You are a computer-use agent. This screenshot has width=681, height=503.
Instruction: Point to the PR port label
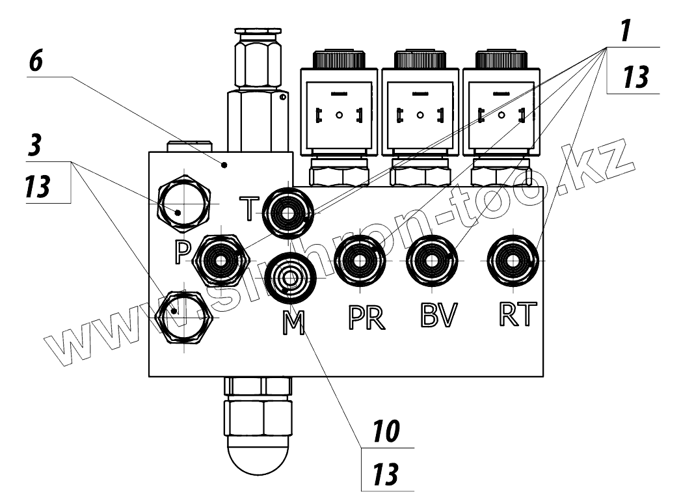(366, 318)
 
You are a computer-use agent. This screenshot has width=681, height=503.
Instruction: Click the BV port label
(438, 316)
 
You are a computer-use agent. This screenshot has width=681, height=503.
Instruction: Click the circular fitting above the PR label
(360, 262)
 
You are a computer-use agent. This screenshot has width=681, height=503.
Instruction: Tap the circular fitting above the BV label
(432, 262)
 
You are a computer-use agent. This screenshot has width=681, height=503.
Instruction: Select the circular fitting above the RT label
(513, 260)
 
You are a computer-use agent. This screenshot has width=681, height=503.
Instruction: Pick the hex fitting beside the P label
(222, 260)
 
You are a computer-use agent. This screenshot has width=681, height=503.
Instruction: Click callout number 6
(37, 63)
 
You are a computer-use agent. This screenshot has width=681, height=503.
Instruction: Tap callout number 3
(36, 146)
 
